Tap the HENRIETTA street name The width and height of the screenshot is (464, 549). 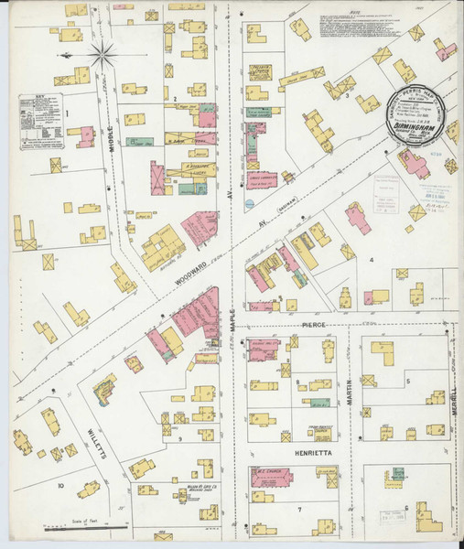[x=307, y=452]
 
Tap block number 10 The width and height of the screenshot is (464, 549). [x=59, y=486]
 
